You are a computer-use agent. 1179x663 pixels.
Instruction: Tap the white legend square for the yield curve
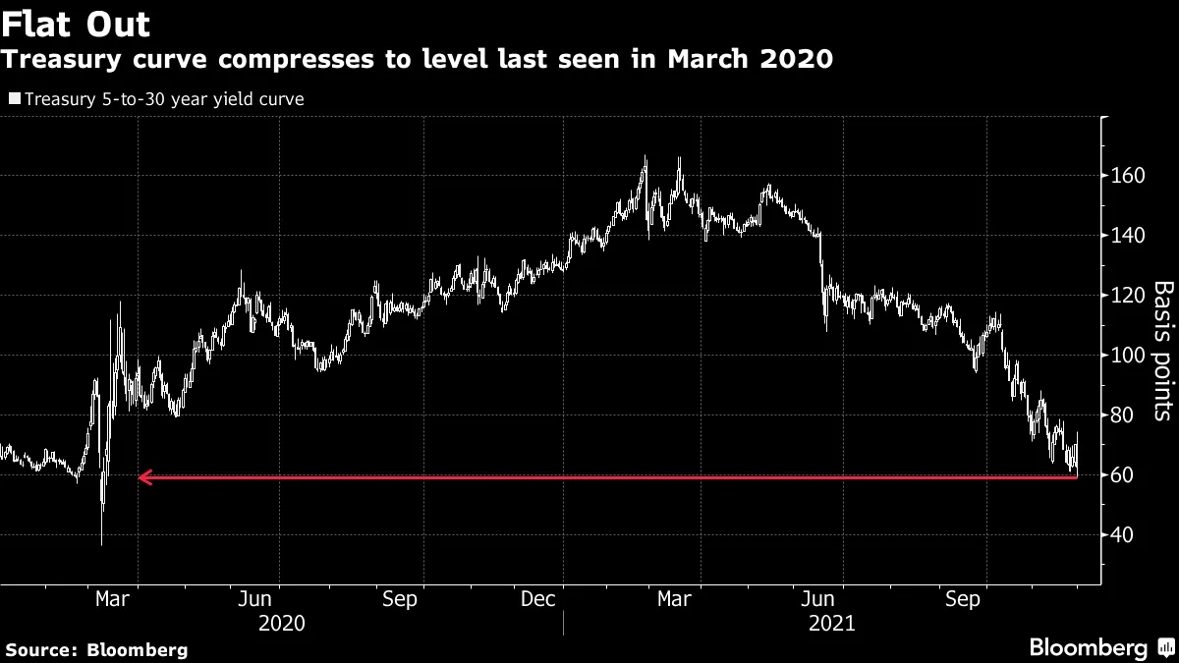point(14,98)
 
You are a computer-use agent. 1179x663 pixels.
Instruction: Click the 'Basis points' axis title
point(1162,351)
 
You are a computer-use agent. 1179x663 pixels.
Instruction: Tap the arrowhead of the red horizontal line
point(142,477)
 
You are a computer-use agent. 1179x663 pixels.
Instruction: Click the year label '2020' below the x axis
point(281,624)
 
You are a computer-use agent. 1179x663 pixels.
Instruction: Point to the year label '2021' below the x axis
point(831,624)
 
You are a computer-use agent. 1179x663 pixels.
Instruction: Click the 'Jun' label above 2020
point(255,599)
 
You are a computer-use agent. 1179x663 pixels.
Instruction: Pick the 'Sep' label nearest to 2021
point(963,599)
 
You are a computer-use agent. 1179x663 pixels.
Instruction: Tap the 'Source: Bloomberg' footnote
point(96,649)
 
